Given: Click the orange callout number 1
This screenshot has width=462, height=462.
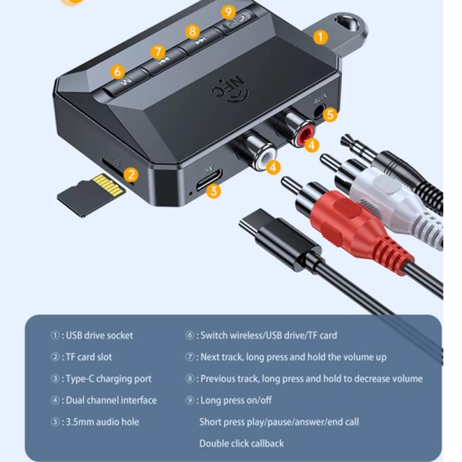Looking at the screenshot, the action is click(321, 37).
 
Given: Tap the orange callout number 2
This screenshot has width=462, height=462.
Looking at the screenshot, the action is click(131, 175).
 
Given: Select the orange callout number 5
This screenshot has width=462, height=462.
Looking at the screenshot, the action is click(330, 114).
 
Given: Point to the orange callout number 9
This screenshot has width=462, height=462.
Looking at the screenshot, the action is click(229, 12).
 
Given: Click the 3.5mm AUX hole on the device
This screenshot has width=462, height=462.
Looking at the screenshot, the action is click(319, 111).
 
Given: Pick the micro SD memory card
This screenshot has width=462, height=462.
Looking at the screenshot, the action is click(91, 195).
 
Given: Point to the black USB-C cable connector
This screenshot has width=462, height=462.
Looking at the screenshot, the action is click(280, 239).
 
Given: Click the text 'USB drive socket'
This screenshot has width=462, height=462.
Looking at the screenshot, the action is click(99, 336).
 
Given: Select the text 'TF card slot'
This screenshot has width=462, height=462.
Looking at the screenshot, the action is click(89, 357).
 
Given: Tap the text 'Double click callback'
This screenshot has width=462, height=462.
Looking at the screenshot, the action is click(241, 444).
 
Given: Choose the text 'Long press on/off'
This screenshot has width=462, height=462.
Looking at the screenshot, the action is click(236, 400).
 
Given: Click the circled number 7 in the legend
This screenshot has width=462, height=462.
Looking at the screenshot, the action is click(189, 357).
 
